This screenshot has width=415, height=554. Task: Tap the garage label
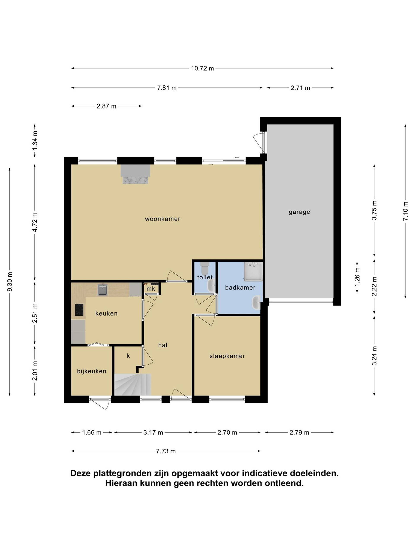[x=299, y=212]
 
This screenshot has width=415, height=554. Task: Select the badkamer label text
[x=240, y=288]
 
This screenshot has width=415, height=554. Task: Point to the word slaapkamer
[x=227, y=356]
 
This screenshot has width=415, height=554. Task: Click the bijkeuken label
[x=92, y=371]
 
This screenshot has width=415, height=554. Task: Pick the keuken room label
[x=106, y=313]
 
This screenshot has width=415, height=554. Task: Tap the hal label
[x=162, y=345]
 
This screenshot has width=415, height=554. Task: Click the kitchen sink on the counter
[x=102, y=290]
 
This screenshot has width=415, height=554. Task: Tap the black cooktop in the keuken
[x=79, y=310]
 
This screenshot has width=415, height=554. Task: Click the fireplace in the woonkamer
[x=136, y=174]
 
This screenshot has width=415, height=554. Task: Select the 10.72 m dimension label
[x=202, y=68]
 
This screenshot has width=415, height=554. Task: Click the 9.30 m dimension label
[x=10, y=282]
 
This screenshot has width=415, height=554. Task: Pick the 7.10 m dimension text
[x=405, y=211]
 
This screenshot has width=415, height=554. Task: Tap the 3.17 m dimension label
[x=153, y=433]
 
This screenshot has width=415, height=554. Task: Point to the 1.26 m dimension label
[x=357, y=277]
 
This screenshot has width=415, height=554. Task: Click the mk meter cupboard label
[x=151, y=289]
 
